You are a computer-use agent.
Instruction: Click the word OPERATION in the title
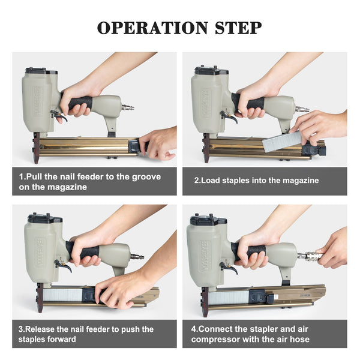tap(152, 28)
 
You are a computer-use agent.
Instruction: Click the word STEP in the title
tap(238, 28)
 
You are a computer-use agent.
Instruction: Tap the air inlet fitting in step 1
tap(128, 107)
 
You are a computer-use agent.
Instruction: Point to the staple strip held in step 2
tap(282, 142)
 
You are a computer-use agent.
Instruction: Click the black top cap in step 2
tap(211, 70)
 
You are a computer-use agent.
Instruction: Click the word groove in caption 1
tap(146, 177)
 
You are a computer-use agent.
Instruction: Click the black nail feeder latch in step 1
tap(134, 146)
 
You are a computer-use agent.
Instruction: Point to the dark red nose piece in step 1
tap(37, 148)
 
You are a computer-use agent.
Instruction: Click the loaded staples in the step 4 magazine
tap(229, 298)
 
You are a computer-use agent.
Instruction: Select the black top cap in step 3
tap(44, 218)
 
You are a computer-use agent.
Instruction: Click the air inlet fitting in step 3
tap(137, 256)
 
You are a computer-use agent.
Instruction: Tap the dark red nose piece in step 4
tap(205, 302)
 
